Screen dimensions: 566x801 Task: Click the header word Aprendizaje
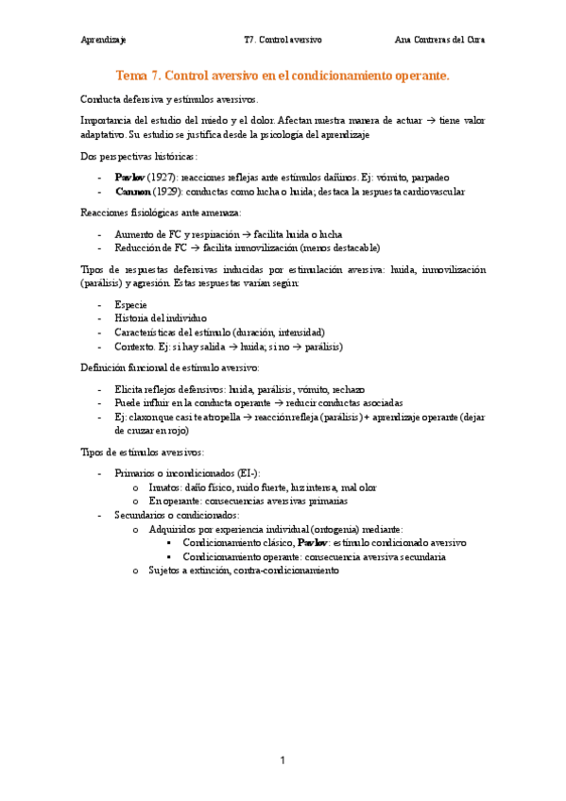click(104, 41)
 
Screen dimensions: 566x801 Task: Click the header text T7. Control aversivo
click(283, 41)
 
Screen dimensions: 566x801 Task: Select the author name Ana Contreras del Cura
click(440, 41)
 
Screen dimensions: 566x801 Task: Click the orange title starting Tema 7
click(283, 75)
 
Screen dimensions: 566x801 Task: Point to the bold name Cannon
click(133, 191)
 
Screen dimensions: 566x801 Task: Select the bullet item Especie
click(130, 305)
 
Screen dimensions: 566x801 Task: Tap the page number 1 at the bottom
click(282, 760)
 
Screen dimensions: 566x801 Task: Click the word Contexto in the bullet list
click(135, 347)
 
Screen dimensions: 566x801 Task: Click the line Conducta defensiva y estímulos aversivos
click(168, 99)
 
